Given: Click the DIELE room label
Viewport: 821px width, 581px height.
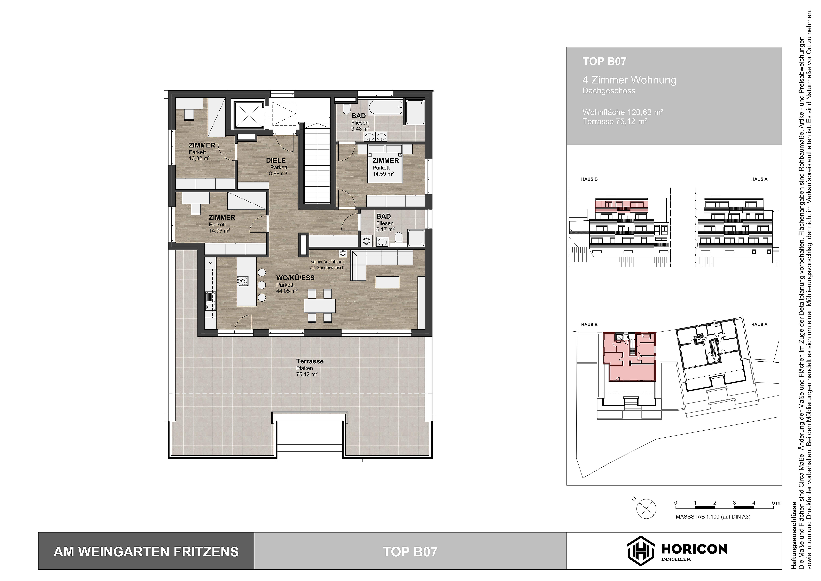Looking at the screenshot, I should pos(276,161).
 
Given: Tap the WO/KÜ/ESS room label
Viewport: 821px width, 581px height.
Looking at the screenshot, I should pos(295,278).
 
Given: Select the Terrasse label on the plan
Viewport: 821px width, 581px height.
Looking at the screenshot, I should pos(310,361).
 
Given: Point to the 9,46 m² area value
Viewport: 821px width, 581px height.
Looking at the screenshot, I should pos(360,129).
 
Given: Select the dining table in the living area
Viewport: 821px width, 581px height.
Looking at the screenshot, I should pos(320,306).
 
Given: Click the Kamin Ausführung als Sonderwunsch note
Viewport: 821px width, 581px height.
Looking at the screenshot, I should pos(327,265).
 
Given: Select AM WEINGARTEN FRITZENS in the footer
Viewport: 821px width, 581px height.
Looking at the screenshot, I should pos(146,552).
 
